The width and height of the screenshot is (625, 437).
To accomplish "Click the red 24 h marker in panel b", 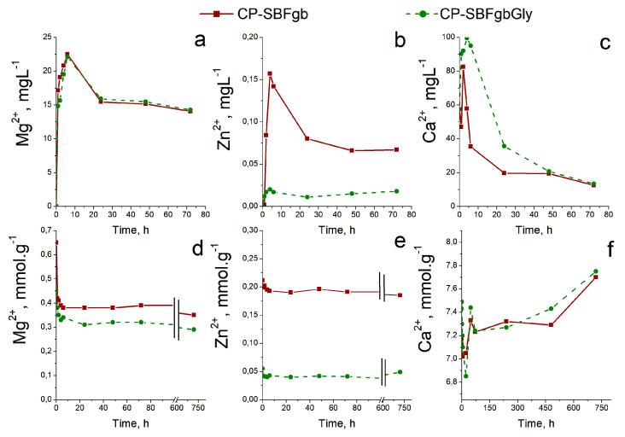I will [x=307, y=138].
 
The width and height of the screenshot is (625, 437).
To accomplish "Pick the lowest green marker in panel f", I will [x=465, y=376].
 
